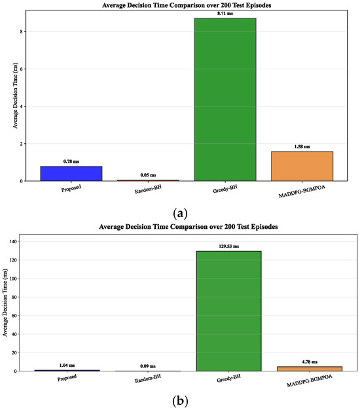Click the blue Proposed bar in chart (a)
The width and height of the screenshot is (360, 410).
pos(71,173)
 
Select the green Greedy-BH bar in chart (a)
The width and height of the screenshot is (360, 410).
pos(225,99)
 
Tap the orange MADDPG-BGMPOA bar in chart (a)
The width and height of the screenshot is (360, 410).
pos(302,166)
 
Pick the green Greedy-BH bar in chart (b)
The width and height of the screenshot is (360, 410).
pos(229,311)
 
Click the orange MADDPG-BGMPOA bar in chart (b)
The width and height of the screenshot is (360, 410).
pos(310,369)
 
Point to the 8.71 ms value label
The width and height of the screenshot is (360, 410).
pos(225,13)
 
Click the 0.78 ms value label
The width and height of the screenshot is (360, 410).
pos(71,162)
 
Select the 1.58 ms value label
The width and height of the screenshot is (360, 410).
pos(302,146)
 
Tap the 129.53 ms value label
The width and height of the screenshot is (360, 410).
pos(229,247)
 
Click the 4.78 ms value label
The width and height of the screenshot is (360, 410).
pos(310,362)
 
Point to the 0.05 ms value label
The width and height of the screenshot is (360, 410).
pos(148,175)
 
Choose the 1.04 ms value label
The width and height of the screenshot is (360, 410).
pos(67,366)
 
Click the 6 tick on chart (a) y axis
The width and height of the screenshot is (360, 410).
pos(22,69)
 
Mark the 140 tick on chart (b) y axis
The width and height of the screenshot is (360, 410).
pos(13,241)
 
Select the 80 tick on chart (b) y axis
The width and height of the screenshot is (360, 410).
pos(14,297)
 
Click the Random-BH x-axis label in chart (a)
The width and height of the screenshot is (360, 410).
pos(148,190)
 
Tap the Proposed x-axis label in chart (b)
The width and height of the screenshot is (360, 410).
pos(67,378)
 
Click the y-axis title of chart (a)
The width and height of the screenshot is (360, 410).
pos(15,95)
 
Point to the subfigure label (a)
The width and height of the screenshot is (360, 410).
pos(181,214)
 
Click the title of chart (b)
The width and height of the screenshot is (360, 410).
pos(189,226)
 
